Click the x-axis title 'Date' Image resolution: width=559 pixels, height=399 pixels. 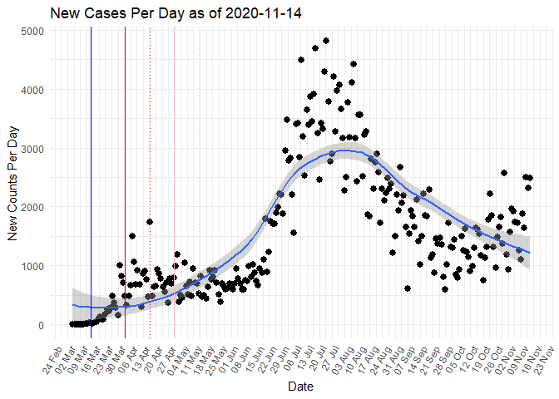click(299, 387)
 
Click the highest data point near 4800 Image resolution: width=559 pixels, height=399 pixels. click(326, 41)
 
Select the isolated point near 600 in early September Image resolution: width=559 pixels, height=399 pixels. click(408, 288)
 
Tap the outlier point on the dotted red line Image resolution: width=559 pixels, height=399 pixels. click(150, 222)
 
